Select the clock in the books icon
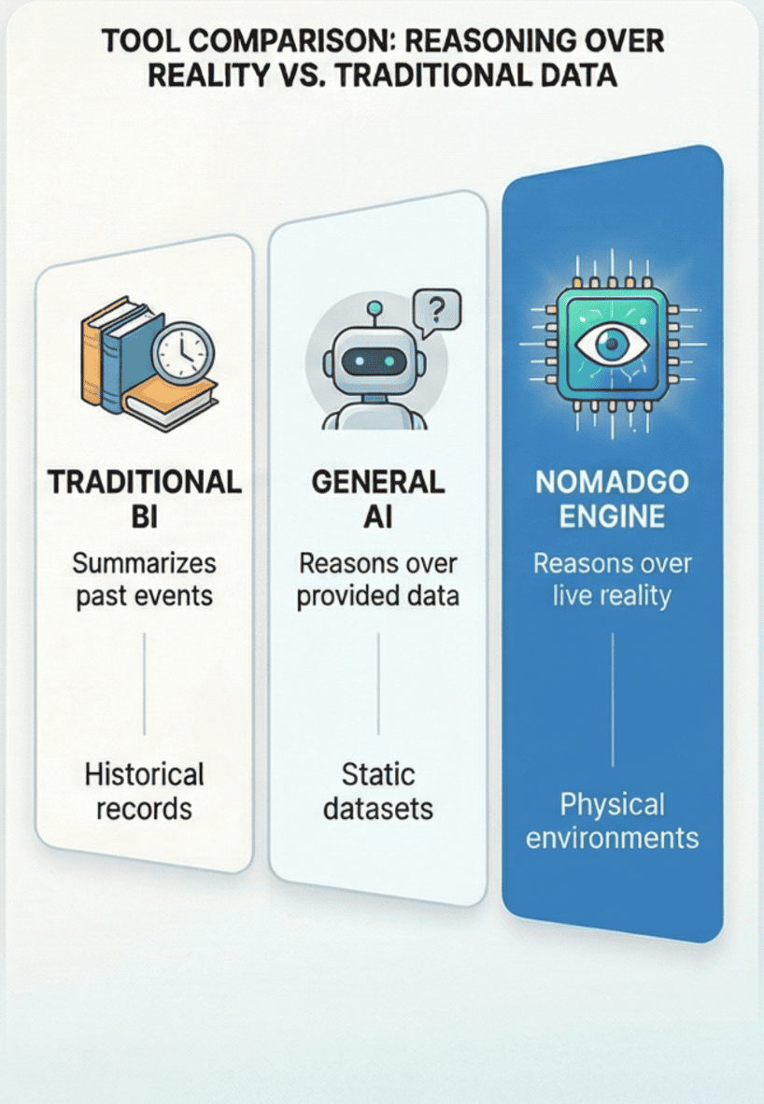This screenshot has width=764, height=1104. (183, 353)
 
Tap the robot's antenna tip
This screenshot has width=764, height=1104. (375, 307)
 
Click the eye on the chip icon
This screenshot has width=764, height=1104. (612, 344)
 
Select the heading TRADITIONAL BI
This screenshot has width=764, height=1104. (144, 499)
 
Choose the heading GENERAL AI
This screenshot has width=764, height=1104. (377, 499)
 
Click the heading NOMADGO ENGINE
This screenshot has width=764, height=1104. (612, 499)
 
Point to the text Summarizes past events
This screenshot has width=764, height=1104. (144, 580)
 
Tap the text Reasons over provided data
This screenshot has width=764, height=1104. (377, 580)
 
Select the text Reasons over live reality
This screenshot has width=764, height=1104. (612, 580)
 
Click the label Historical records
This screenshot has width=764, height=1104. (144, 791)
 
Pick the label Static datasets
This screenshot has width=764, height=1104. (377, 791)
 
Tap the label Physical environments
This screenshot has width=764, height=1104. (612, 820)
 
